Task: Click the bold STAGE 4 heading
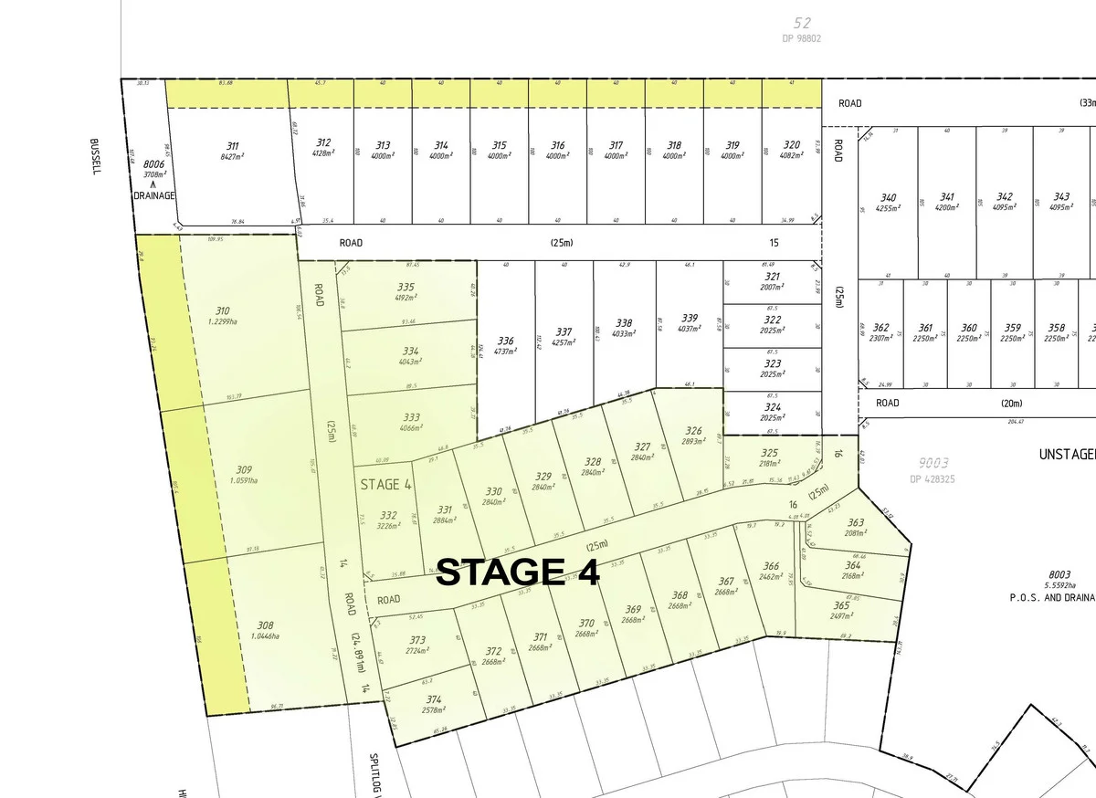coord(517,572)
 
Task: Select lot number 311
coord(232,145)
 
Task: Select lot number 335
coord(406,287)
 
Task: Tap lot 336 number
coord(505,341)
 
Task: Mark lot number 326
coord(694,431)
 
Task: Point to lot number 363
coord(856,522)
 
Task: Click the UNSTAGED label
coord(1067,454)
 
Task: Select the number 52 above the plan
coord(803,23)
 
